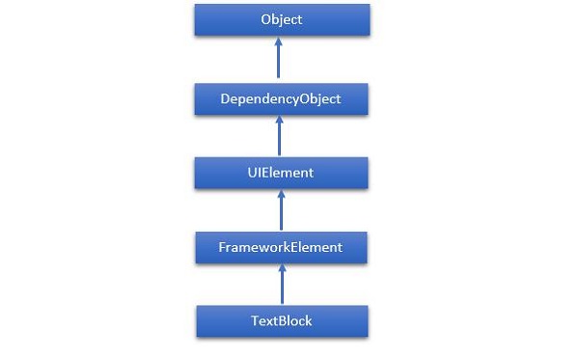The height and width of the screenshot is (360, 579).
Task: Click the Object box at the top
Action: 281,20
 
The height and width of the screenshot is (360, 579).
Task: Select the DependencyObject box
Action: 281,97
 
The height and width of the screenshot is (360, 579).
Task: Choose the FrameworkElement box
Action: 281,246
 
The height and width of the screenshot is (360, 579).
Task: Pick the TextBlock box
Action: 281,320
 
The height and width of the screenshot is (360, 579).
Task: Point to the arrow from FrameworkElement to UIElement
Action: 281,210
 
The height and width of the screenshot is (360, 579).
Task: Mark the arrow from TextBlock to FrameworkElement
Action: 281,285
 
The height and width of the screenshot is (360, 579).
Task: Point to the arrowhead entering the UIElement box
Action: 281,194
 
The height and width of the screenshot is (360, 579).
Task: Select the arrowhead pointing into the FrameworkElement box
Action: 281,268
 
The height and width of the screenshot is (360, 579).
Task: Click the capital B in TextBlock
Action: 282,320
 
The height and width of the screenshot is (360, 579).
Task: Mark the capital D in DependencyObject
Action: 223,97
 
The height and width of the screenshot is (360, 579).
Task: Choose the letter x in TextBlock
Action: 271,321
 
